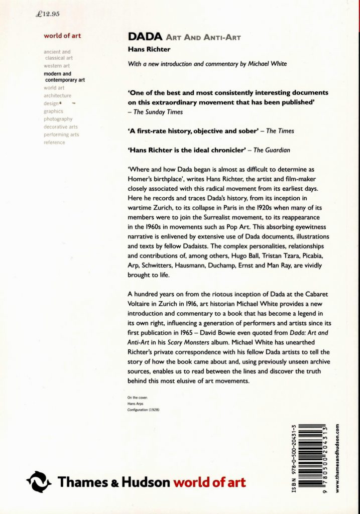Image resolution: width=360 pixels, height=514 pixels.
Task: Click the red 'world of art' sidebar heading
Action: coord(62,36)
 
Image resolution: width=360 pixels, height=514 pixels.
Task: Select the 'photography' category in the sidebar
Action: coord(58,119)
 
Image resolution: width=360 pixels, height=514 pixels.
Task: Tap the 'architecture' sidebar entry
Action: coord(57,95)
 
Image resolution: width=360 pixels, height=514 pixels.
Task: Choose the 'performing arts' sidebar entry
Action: coord(61,135)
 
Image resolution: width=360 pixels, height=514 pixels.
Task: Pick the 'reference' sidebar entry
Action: coord(54,143)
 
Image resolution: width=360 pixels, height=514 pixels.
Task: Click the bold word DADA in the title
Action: coord(144,37)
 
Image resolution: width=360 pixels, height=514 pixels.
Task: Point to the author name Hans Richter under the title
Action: coord(147,49)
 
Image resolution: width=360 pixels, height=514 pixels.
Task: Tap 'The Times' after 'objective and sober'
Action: coord(280,131)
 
